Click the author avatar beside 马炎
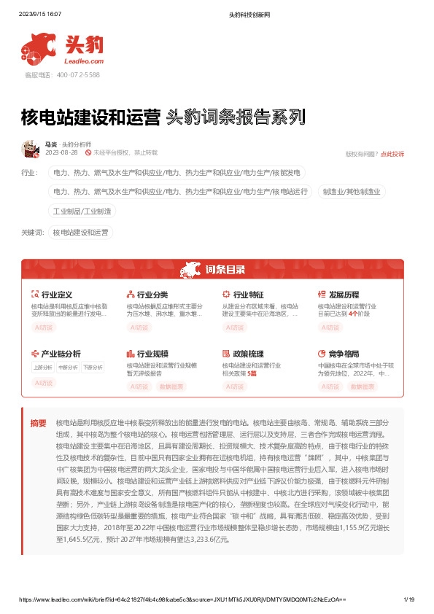click(x=32, y=149)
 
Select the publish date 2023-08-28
click(x=61, y=153)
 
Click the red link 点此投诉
click(x=392, y=154)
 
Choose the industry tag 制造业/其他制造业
click(x=352, y=191)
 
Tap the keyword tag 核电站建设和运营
click(x=80, y=233)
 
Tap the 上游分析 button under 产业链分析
click(x=43, y=367)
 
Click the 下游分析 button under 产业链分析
click(x=93, y=367)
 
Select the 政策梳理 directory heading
click(x=248, y=353)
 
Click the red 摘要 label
click(x=38, y=423)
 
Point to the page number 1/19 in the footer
click(x=409, y=600)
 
